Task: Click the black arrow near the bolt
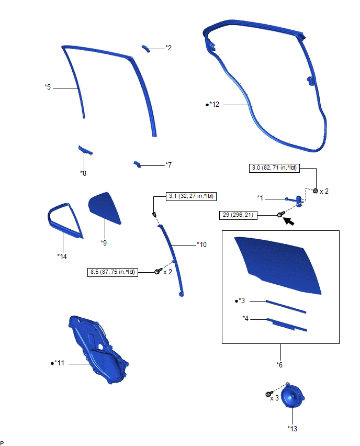(x=289, y=221)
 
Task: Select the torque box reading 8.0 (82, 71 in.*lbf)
(x=274, y=168)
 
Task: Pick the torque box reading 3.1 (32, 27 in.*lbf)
(x=191, y=196)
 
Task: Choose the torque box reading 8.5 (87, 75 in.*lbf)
(x=113, y=272)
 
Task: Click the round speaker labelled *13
(x=292, y=396)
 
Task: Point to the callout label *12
(x=214, y=105)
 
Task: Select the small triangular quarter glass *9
(x=104, y=208)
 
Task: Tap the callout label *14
(x=62, y=257)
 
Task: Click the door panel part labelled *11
(x=97, y=350)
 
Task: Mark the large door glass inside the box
(x=278, y=264)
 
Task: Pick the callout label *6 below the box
(x=279, y=365)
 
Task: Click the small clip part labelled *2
(x=146, y=48)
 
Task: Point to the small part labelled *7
(x=137, y=164)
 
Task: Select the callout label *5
(x=48, y=87)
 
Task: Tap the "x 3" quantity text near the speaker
(x=274, y=398)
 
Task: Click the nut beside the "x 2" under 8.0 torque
(x=315, y=191)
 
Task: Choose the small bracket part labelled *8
(x=85, y=150)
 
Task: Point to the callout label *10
(x=202, y=244)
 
